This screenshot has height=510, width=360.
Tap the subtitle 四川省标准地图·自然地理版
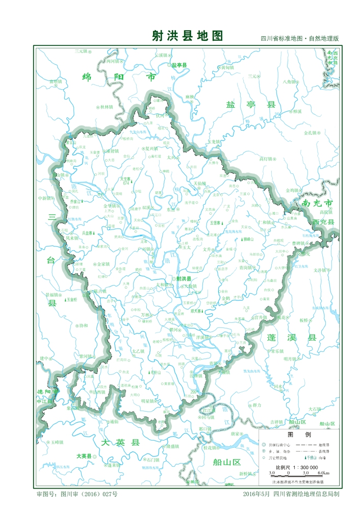tap(299, 39)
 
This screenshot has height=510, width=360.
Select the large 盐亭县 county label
tap(251, 105)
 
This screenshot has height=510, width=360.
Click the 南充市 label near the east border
tap(317, 203)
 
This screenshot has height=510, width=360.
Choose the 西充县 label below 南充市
tap(324, 222)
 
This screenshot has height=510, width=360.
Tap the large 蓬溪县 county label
tap(291, 338)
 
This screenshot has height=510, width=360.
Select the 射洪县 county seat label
tap(183, 279)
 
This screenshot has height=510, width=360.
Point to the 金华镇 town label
tap(111, 206)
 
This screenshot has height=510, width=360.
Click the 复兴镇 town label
tap(153, 148)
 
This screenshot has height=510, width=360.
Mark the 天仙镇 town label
tap(200, 183)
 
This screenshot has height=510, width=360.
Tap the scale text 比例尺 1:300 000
tap(297, 467)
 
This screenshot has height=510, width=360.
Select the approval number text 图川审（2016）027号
tap(76, 494)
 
